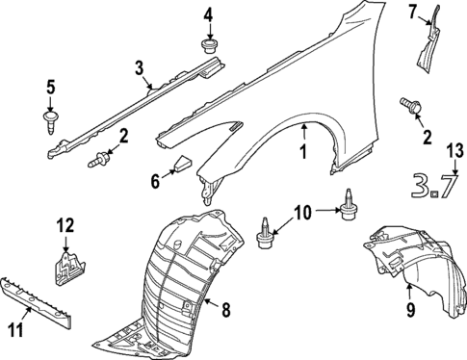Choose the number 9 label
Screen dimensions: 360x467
click(409, 310)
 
